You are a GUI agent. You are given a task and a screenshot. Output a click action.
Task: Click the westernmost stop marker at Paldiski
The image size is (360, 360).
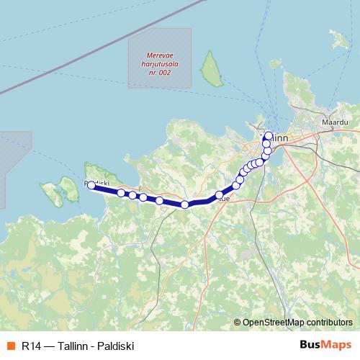91,186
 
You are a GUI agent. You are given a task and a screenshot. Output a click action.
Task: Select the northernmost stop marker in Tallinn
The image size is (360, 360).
269,135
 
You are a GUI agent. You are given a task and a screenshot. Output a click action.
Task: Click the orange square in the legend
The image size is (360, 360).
10,346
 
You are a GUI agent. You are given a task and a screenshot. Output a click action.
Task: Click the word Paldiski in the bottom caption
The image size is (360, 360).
114,346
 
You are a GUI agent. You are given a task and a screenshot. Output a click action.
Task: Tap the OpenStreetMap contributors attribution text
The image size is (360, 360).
297,322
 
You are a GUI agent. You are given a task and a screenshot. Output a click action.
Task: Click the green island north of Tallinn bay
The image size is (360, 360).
211,70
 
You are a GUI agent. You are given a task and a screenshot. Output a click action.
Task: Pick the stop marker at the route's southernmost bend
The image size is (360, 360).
185,204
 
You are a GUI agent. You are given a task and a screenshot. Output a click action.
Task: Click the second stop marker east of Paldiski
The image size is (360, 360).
132,194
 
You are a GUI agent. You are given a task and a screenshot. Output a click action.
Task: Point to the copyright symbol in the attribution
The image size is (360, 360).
238,322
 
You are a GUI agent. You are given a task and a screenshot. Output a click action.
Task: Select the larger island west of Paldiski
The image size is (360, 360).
69,189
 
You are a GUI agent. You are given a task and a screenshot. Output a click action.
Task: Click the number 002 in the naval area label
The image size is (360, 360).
170,72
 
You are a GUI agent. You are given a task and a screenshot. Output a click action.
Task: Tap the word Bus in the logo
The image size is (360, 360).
312,345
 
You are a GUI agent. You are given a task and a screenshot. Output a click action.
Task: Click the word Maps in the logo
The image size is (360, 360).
338,345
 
